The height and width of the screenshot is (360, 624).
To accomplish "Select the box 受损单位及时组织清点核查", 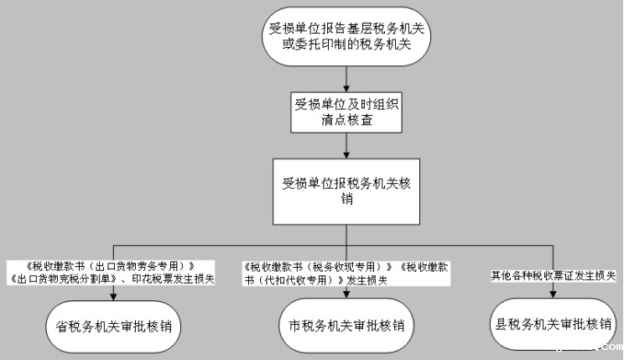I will (346, 112).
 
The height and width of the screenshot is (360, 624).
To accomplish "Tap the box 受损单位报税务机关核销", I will (346, 190).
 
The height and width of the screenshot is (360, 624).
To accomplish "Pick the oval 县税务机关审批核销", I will (552, 323).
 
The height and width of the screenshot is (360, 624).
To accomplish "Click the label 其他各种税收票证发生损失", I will (554, 275).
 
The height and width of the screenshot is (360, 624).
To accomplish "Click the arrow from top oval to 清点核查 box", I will (346, 81).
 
